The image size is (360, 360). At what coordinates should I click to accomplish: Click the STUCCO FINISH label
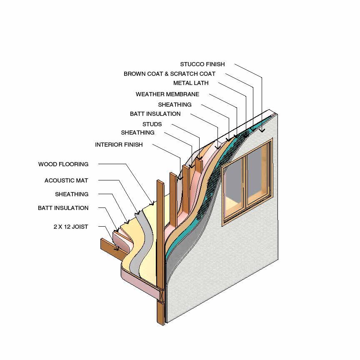[x=202, y=64]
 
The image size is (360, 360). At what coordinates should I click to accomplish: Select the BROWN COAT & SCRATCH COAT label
[x=169, y=74]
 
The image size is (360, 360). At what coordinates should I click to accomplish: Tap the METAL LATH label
[x=191, y=83]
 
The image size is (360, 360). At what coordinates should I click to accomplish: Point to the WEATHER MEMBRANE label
[x=167, y=94]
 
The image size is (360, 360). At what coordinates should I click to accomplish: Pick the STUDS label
[x=152, y=124]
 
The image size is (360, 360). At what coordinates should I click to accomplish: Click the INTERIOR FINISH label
[x=119, y=145]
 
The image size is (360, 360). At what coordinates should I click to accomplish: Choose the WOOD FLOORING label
[x=63, y=164]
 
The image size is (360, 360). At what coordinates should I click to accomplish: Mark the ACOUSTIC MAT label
[x=66, y=180]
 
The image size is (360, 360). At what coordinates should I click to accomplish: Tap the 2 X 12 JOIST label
[x=70, y=227]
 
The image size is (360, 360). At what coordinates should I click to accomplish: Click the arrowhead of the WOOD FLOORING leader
[x=153, y=204]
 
